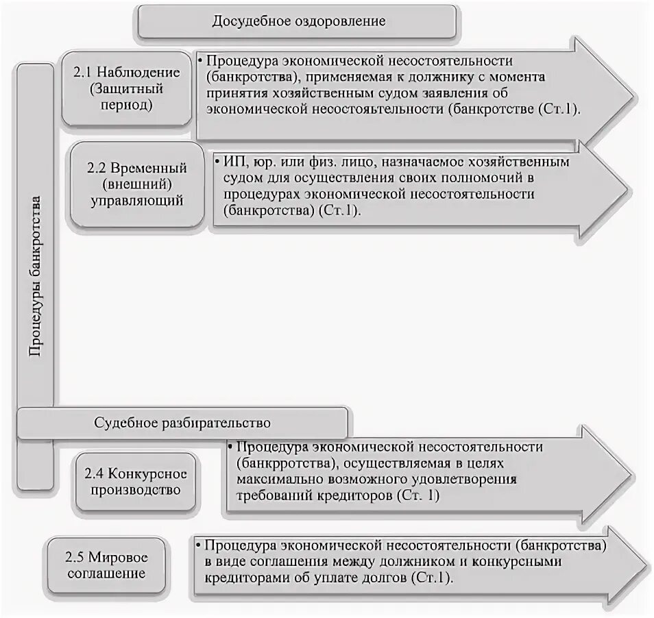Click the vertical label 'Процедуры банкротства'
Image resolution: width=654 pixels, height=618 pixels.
(36, 274)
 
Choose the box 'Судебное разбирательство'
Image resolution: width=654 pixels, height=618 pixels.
(182, 422)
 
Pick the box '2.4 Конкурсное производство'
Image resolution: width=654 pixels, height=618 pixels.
(136, 482)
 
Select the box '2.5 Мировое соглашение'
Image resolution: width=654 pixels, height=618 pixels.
(107, 565)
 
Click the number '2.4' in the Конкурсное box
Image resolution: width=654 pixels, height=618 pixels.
(97, 474)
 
